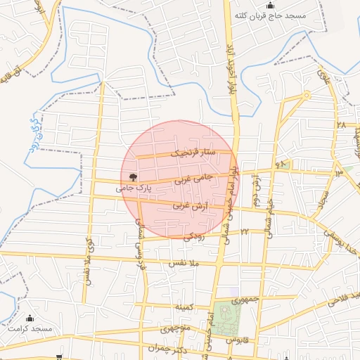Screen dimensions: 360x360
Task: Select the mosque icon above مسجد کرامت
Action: pos(30,318)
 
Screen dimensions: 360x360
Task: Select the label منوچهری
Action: pos(175,329)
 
